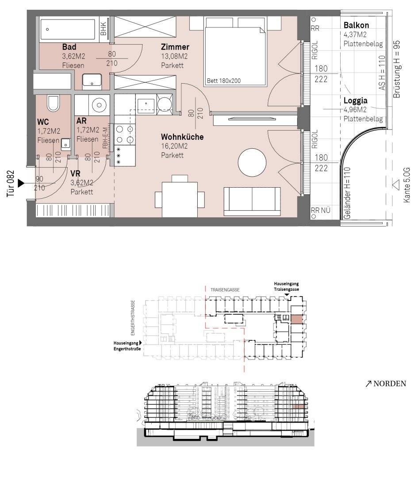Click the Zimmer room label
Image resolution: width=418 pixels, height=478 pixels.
[175, 47]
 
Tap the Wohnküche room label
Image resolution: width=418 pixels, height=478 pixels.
[182, 137]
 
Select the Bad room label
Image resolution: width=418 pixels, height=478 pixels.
[69, 47]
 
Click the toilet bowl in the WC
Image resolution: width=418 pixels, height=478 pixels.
[53, 103]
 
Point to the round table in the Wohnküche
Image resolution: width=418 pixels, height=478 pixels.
[252, 162]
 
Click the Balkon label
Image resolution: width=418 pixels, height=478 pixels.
[356, 25]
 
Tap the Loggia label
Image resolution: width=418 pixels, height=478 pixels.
[355, 100]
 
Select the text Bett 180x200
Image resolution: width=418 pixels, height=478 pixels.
[224, 81]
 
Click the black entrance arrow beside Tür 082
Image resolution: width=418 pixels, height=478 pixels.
[21, 183]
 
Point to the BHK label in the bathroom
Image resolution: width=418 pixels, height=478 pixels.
[104, 29]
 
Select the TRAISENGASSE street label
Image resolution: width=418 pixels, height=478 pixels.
[225, 289]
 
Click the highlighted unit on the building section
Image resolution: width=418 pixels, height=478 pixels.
[298, 407]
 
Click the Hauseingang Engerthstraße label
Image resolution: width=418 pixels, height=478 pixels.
[127, 346]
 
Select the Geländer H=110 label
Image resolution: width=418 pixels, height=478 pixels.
[347, 193]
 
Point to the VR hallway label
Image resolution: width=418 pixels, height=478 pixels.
[75, 174]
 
